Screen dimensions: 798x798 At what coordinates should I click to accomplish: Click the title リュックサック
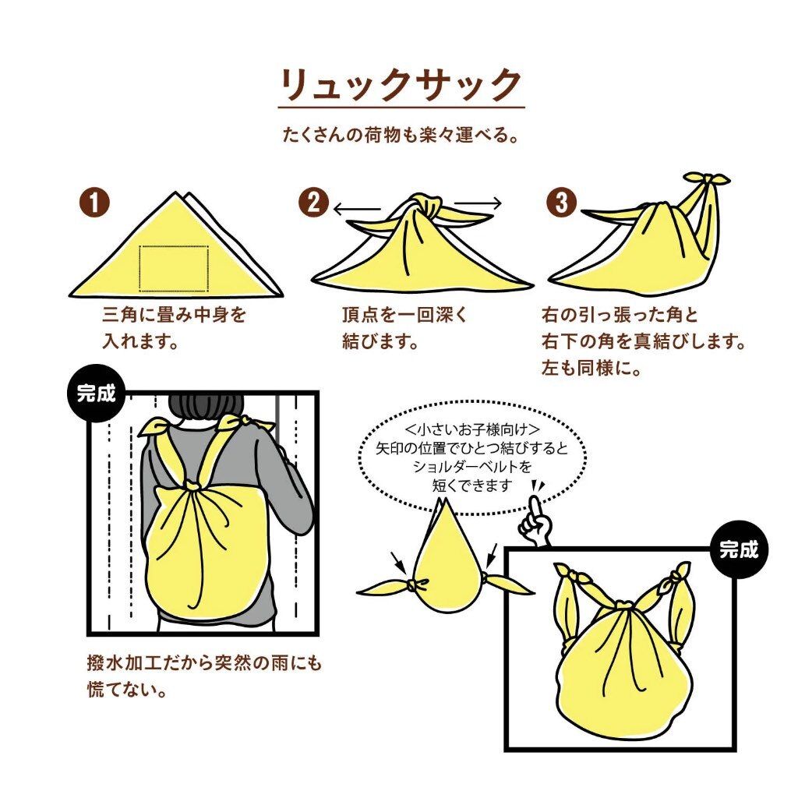pos(401,85)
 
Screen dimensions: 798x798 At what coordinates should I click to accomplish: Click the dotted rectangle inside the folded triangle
pos(174,268)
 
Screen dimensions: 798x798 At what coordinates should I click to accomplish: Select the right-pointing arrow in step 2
pos(478,203)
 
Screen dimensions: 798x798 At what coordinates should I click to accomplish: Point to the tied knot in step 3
pos(706,181)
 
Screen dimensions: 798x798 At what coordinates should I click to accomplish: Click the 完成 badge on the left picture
pos(96,393)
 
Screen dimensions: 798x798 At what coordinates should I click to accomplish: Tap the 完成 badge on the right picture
pos(739,549)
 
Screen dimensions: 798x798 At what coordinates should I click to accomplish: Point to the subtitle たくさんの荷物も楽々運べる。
pos(401,136)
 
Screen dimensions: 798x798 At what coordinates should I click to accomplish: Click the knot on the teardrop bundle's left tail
pos(416,584)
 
